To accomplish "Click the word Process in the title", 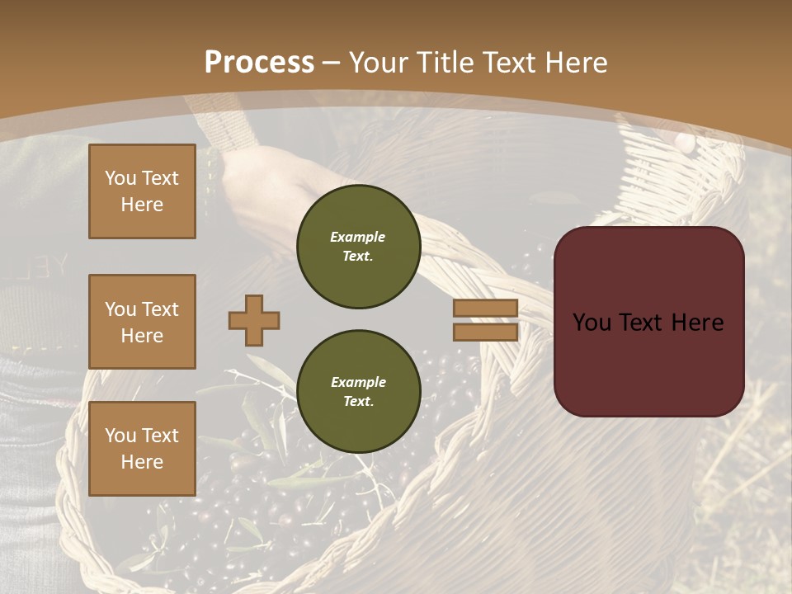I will coord(259,63).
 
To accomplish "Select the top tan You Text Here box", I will coord(142,191).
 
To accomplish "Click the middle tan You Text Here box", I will coord(142,322).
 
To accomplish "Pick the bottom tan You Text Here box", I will coord(142,449).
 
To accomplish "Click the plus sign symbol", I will coord(254,320).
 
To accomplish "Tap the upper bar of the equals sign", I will coord(485,308).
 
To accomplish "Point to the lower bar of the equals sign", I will coord(485,332).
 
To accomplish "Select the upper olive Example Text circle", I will coord(358,247).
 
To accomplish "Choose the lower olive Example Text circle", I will coord(358,392).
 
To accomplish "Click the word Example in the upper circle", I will coord(358,237).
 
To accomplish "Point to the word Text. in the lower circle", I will coord(358,402).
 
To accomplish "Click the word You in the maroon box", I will coord(592,323).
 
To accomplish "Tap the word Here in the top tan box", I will coord(142,205).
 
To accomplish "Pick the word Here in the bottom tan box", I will coord(142,462).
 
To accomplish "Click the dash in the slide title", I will coord(332,63).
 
